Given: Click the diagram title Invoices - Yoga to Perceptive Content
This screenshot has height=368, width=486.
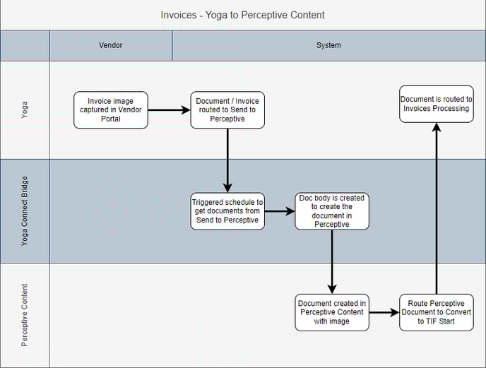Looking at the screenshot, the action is click(243, 15).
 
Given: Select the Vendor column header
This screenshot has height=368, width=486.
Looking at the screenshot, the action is click(111, 45).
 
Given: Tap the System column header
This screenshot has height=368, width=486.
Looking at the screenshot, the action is click(328, 45).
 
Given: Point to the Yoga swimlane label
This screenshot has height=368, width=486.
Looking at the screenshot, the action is click(24, 109).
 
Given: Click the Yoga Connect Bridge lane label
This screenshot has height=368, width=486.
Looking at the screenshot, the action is click(24, 211).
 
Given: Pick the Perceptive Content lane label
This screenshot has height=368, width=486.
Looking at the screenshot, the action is click(24, 315).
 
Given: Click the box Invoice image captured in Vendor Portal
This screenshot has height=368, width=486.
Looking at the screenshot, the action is click(111, 110).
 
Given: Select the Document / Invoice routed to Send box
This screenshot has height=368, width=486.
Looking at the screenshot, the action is click(227, 110).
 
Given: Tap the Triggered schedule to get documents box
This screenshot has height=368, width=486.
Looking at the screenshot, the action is click(227, 211).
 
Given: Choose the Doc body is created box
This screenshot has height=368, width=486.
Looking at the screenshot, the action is click(332, 211).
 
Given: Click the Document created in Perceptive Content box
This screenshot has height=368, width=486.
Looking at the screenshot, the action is click(332, 312).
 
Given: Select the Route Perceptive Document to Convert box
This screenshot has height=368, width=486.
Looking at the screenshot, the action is click(437, 312).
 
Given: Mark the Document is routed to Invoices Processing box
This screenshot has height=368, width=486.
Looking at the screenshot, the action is click(437, 104).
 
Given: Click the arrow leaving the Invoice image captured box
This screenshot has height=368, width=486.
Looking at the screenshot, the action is click(170, 110).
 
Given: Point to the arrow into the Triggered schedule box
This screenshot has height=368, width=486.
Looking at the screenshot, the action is click(227, 160).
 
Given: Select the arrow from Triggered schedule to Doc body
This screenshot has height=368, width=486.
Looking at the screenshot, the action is click(280, 211).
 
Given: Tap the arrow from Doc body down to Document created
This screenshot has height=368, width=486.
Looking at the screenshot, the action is click(332, 262).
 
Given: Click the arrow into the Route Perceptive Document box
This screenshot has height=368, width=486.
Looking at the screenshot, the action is click(384, 312).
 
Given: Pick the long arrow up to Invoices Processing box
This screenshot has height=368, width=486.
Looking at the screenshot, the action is click(437, 208).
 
